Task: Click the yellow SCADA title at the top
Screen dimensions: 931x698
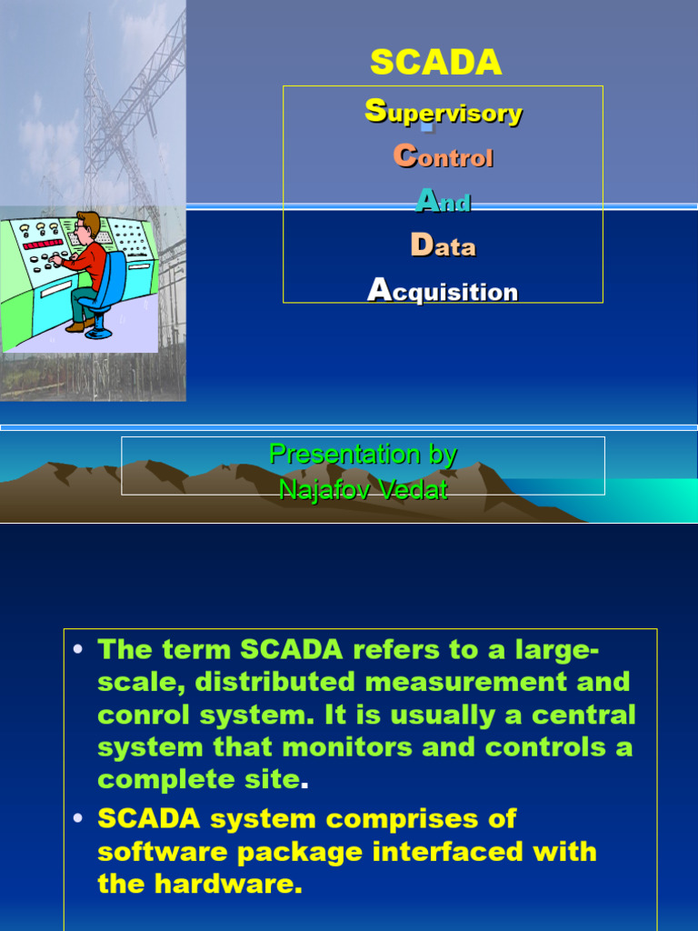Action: (x=436, y=63)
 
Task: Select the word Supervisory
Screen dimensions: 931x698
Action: (x=444, y=113)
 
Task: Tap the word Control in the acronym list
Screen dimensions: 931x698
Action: (x=444, y=157)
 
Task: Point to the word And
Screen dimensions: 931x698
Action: (x=444, y=201)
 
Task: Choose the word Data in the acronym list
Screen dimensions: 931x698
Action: (x=444, y=245)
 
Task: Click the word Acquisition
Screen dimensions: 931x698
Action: (x=444, y=291)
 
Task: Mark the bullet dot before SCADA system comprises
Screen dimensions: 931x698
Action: (x=79, y=819)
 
